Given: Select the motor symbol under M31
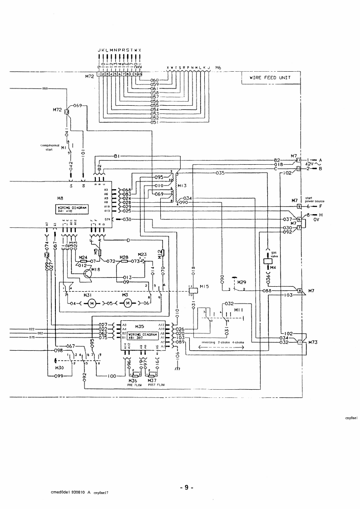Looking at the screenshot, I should pyautogui.click(x=91, y=303).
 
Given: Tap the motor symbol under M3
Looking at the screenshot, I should pyautogui.click(x=128, y=303).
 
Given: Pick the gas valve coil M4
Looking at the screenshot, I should pyautogui.click(x=268, y=261).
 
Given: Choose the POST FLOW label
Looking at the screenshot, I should pyautogui.click(x=156, y=385).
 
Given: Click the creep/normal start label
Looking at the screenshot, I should pyautogui.click(x=50, y=147).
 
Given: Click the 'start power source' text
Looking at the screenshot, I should pyautogui.click(x=315, y=200).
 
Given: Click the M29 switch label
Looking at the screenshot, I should pyautogui.click(x=242, y=282).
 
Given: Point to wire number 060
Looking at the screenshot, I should pyautogui.click(x=154, y=80).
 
